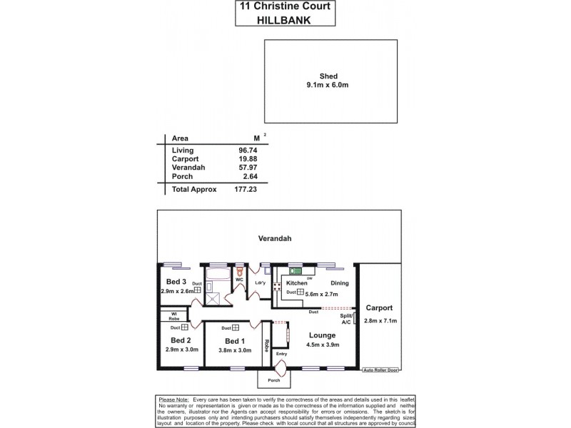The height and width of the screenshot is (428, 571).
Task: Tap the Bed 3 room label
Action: [x=176, y=282]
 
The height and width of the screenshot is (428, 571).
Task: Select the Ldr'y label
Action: [x=260, y=283]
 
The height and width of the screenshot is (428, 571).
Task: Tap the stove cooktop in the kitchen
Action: [x=278, y=285]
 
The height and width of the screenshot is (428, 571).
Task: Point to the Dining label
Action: [x=340, y=283]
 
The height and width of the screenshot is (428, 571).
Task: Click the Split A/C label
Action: [x=346, y=319]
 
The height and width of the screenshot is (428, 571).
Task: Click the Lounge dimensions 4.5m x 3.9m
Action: [x=323, y=345]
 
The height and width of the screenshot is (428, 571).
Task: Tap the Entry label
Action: [x=281, y=354]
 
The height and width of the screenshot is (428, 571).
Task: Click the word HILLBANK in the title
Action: [x=285, y=21]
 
